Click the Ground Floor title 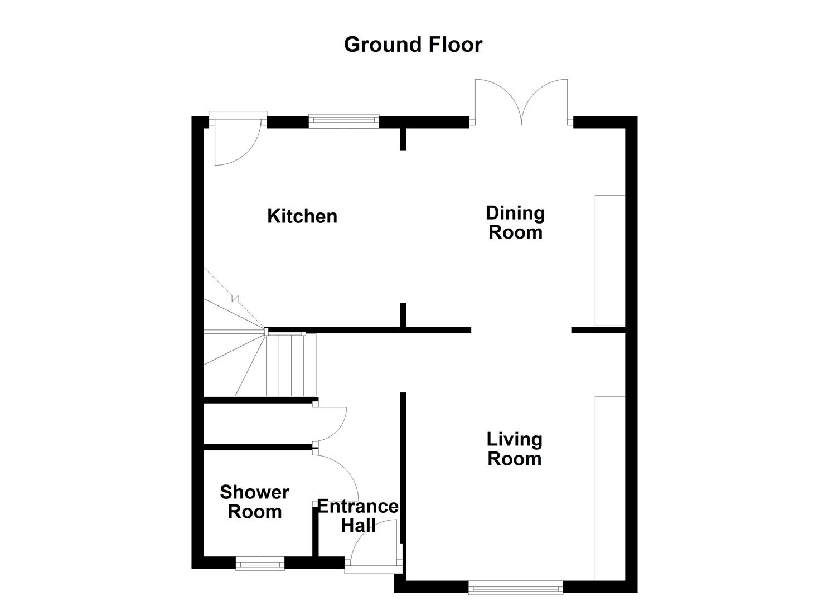point(413,45)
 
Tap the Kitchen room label point(302,216)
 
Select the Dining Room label point(515,222)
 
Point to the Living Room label point(514,449)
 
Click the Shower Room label point(255,502)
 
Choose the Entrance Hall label point(358,516)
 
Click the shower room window point(260,564)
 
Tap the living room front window point(516,586)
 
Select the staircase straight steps point(290,365)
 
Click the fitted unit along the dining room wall point(610,260)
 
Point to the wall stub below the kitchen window point(403,139)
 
